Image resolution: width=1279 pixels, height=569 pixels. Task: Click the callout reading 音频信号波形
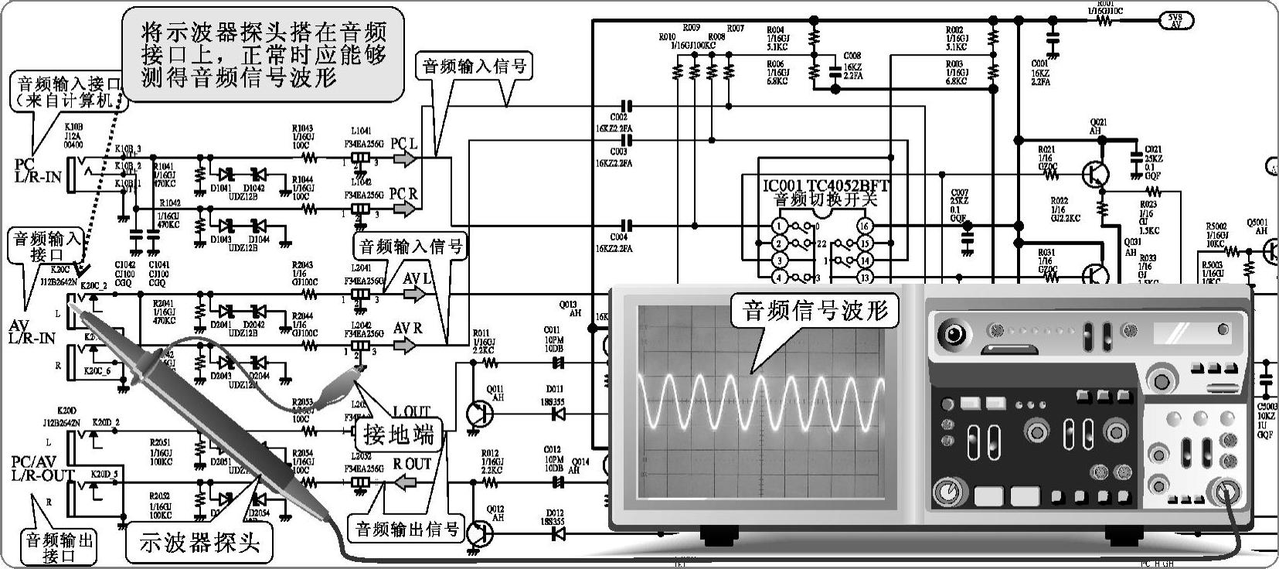click(x=815, y=310)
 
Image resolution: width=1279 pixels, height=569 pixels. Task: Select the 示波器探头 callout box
click(x=199, y=543)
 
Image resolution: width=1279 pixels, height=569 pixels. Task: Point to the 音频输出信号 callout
click(x=406, y=530)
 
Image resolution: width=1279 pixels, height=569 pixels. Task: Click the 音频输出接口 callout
click(x=60, y=547)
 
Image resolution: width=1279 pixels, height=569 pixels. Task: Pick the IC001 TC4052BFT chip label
click(x=825, y=186)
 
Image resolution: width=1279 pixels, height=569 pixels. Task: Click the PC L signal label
click(x=404, y=145)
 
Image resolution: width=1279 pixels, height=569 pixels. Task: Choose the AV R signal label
click(x=408, y=329)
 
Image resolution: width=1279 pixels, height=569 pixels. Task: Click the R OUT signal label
click(x=411, y=464)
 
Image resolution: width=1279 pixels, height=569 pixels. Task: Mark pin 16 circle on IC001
click(x=864, y=227)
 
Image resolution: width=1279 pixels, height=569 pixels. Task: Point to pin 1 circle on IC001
click(x=781, y=227)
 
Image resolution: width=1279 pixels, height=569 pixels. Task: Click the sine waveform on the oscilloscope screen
click(x=761, y=402)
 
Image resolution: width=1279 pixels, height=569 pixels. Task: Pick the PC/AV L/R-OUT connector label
click(x=43, y=468)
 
